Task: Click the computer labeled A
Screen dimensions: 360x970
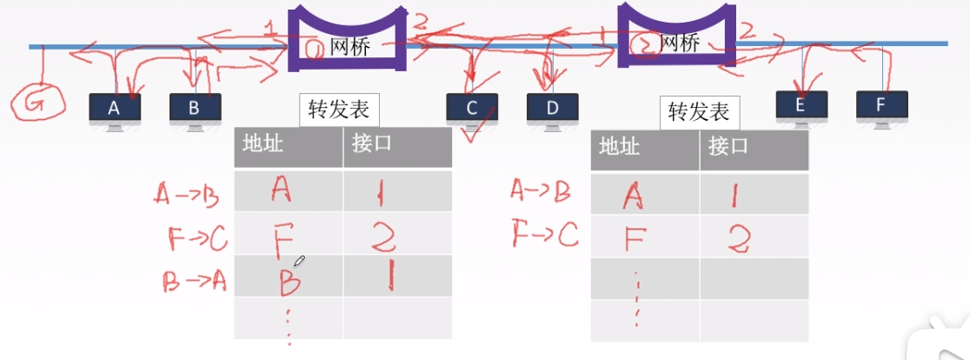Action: tap(115, 109)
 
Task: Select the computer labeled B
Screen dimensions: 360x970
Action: tap(195, 109)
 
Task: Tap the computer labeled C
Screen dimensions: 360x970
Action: tap(472, 109)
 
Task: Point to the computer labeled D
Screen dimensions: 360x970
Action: tap(552, 109)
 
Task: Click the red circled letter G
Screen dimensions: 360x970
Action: tap(37, 103)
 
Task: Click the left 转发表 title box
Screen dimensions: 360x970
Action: tap(339, 110)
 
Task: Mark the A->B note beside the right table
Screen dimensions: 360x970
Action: tap(541, 191)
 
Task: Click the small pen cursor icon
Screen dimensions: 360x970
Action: tap(300, 260)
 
